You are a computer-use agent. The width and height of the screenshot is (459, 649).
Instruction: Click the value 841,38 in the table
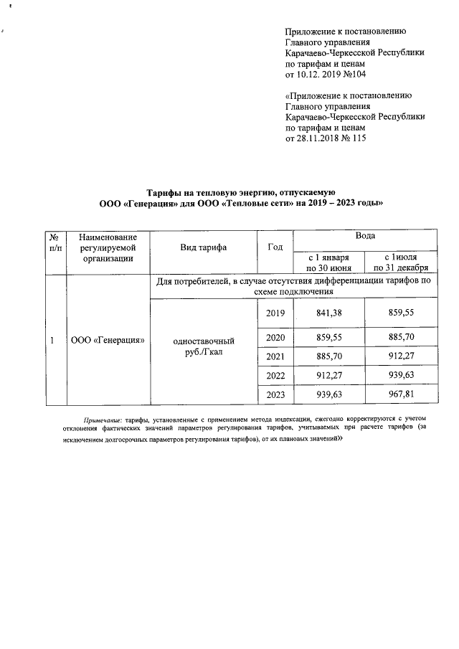pyautogui.click(x=328, y=313)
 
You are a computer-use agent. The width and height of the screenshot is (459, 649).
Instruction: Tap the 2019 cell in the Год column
pyautogui.click(x=275, y=313)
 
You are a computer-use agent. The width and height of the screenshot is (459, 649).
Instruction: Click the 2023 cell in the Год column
pyautogui.click(x=275, y=394)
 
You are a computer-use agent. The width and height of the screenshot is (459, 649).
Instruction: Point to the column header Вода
pyautogui.click(x=365, y=236)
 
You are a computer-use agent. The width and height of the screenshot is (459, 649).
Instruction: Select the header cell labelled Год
pyautogui.click(x=275, y=247)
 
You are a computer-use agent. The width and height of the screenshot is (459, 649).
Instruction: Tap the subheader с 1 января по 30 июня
pyautogui.click(x=328, y=262)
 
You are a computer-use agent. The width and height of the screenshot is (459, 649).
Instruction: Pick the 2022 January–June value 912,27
pyautogui.click(x=328, y=374)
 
